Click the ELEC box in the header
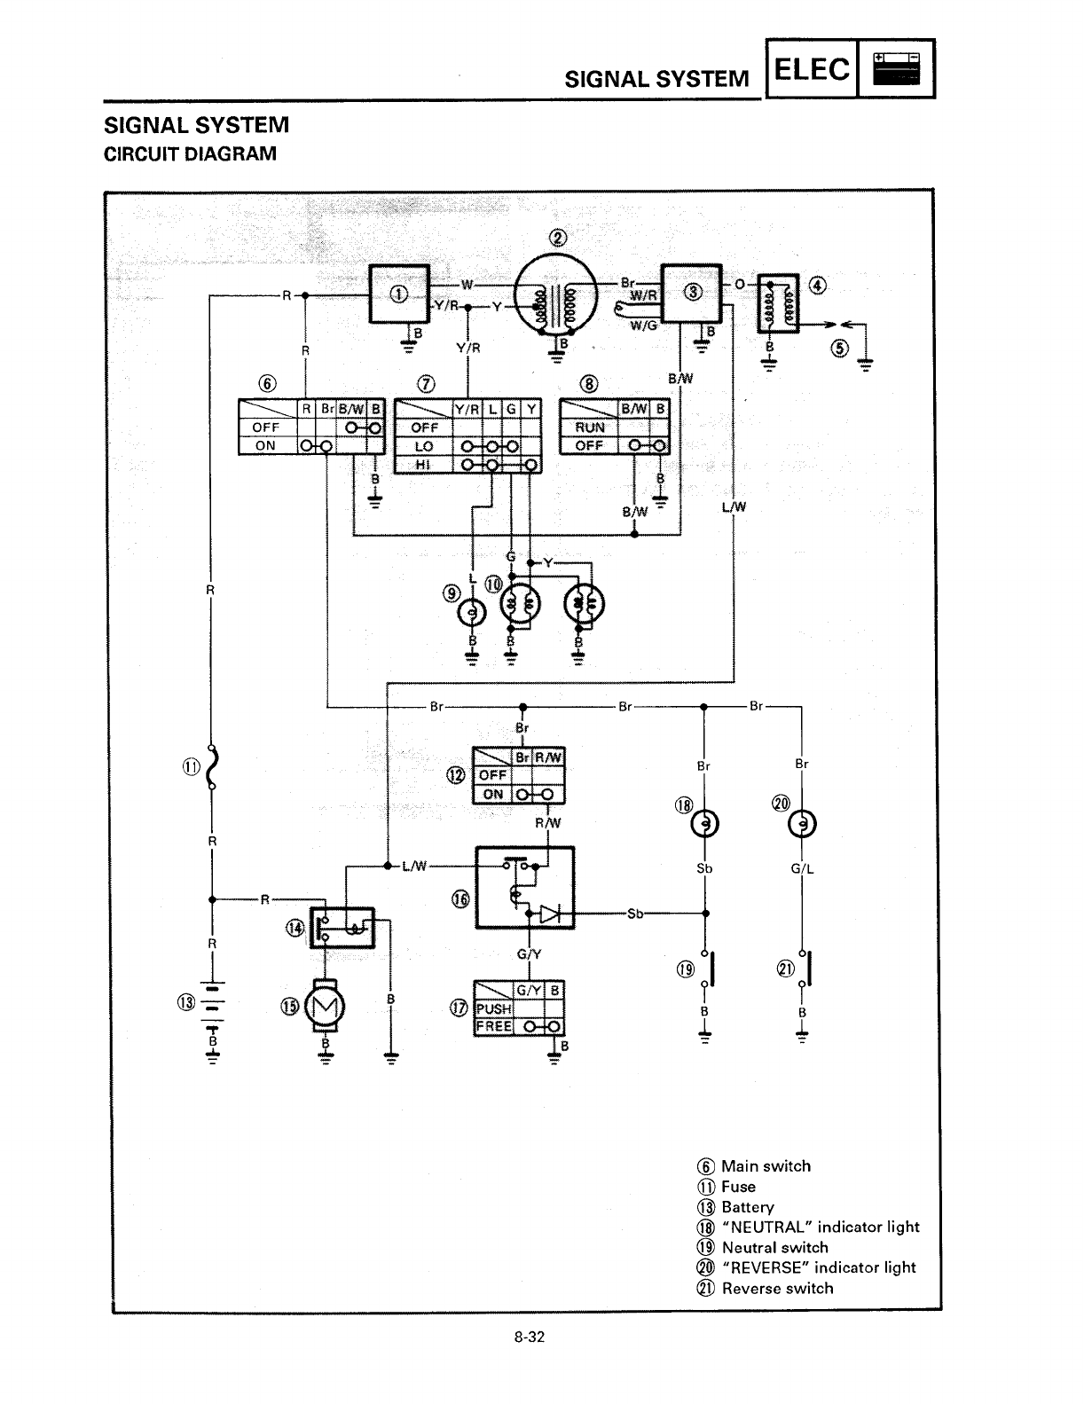click(812, 68)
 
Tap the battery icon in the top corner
click(897, 68)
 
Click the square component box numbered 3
click(693, 293)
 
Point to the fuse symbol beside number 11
click(211, 768)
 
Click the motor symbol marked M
click(325, 1006)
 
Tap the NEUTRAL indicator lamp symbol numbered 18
click(705, 824)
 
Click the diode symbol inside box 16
click(551, 913)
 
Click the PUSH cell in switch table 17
click(493, 1008)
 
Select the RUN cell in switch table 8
click(590, 427)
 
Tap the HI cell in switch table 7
click(423, 465)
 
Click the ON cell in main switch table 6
click(265, 445)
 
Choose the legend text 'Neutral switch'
click(774, 1247)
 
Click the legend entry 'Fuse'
click(738, 1187)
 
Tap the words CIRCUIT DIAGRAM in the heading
click(191, 153)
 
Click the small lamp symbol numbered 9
click(472, 613)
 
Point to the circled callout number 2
click(558, 238)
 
